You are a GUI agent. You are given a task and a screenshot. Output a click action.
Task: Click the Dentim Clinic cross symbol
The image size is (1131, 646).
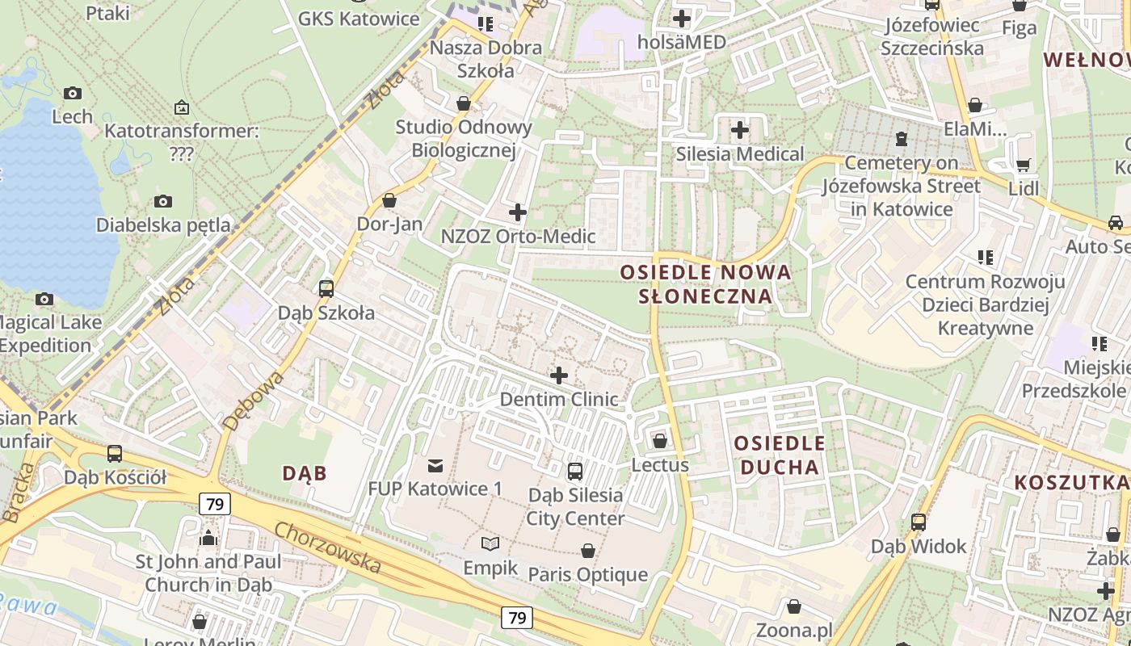[x=558, y=375]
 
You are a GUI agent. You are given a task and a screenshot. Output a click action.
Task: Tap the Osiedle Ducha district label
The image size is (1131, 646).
[x=780, y=455]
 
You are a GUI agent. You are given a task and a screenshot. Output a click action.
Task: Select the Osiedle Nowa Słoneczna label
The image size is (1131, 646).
[x=705, y=283]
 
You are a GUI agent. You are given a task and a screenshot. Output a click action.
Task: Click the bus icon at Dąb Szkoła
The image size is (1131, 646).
[x=326, y=288]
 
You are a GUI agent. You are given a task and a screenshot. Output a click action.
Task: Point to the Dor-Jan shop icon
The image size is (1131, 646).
[x=389, y=200]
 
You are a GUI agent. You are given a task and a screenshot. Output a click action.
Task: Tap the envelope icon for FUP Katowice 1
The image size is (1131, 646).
[x=435, y=465]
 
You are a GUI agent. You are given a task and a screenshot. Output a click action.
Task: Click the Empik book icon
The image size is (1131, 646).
[x=490, y=543]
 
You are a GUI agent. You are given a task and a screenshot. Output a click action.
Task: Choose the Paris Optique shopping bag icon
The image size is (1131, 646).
[x=588, y=551]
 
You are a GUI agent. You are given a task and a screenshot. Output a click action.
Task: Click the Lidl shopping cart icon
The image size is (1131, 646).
[x=1023, y=166]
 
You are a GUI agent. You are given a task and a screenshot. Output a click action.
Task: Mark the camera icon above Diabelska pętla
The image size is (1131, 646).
[x=163, y=201]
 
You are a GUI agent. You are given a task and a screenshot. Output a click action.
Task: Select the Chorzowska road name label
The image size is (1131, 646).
[x=327, y=547]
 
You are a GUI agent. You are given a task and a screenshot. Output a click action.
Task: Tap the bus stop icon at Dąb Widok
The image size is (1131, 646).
[x=919, y=522]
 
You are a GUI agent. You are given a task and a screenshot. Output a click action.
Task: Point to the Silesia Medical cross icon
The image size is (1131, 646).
[x=739, y=129]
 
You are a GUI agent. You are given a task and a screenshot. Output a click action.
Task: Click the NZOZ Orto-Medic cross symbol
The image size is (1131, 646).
[x=518, y=212]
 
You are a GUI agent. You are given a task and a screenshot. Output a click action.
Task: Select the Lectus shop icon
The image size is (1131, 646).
[x=660, y=441]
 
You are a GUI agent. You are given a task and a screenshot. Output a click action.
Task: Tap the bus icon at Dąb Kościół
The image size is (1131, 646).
[x=115, y=454]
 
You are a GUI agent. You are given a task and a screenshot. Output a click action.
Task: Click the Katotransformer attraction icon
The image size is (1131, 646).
[x=182, y=107]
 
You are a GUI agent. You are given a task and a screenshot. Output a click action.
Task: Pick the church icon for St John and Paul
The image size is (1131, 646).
[x=208, y=538]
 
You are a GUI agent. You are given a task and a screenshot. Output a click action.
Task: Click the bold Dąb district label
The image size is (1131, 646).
[x=305, y=473]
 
